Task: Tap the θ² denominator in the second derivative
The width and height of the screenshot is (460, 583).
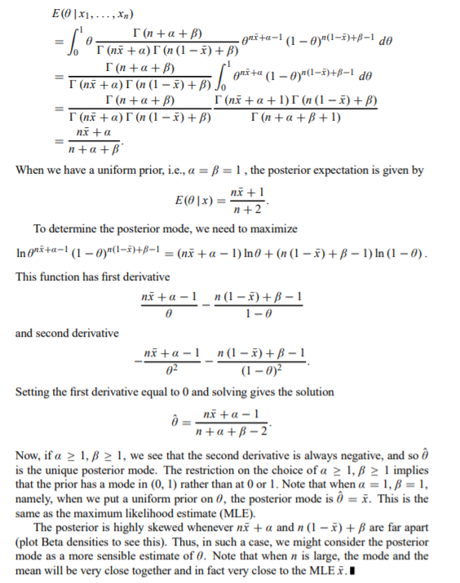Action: [167, 369]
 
